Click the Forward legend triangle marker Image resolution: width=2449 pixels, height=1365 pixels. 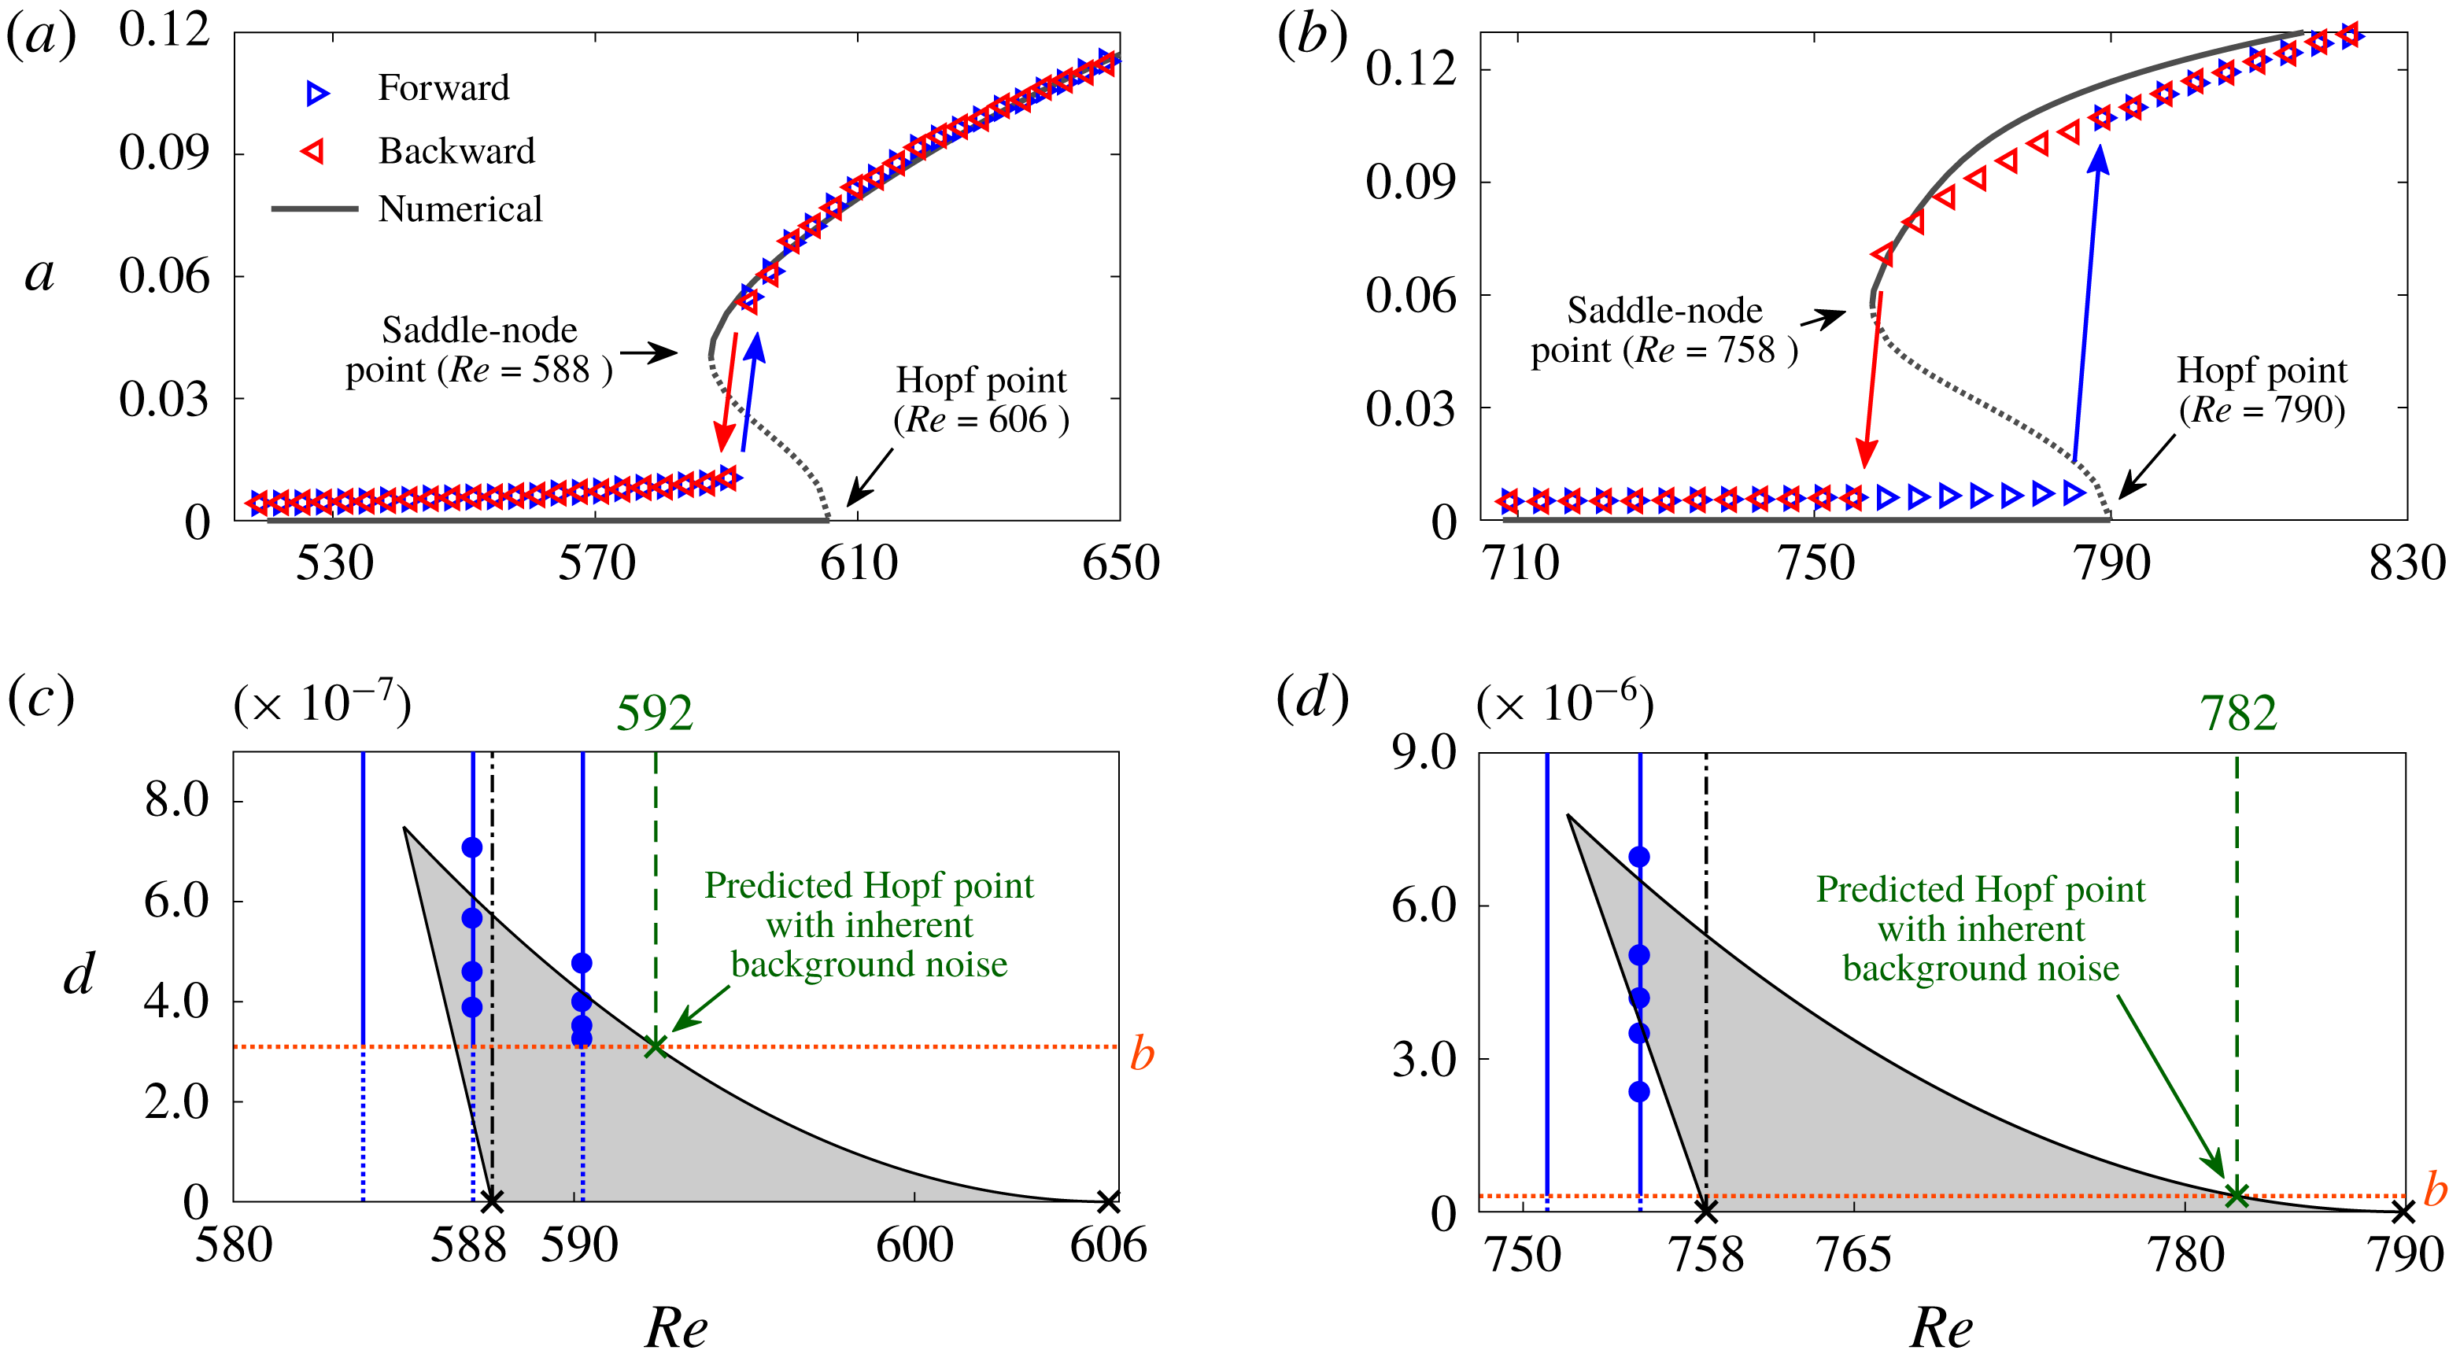317,92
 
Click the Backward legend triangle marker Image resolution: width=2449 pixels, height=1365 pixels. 312,152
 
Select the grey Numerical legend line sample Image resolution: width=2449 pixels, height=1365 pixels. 314,208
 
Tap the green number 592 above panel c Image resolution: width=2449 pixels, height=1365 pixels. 654,713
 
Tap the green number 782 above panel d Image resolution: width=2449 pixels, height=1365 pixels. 2238,713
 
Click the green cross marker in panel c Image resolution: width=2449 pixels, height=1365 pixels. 655,1046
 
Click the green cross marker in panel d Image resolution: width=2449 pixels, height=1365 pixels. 2237,1196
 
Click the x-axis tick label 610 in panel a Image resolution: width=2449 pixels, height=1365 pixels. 859,563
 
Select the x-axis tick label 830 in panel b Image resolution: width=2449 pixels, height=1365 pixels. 2407,563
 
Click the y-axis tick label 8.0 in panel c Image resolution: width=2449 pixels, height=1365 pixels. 177,799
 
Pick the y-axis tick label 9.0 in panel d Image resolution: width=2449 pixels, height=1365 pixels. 1423,753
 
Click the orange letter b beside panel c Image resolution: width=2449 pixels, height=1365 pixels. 1142,1054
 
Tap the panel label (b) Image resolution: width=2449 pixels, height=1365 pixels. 1312,36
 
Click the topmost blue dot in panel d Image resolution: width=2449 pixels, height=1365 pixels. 1639,858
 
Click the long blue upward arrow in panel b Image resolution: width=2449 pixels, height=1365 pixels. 2087,304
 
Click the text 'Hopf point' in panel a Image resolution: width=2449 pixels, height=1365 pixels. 981,380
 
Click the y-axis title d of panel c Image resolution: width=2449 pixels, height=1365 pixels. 79,974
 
